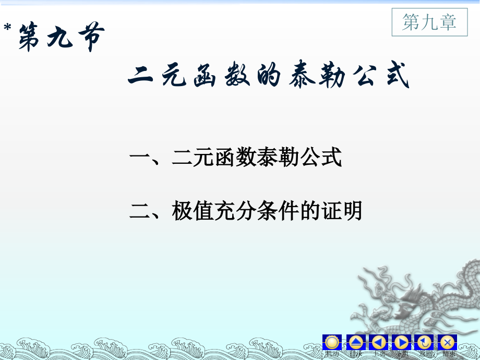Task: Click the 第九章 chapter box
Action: pos(429,22)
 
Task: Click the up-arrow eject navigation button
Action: pos(355,342)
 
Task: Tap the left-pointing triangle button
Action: pos(378,342)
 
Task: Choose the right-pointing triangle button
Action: pos(401,342)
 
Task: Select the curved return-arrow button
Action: pos(424,342)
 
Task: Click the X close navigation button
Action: pos(447,342)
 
